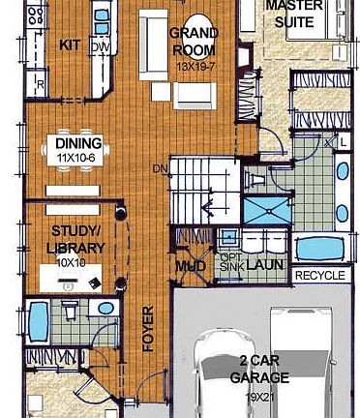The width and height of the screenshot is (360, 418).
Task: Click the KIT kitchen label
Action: (69, 45)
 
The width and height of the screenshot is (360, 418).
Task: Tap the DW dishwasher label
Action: (99, 45)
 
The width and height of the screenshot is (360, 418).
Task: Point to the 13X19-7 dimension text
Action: (195, 66)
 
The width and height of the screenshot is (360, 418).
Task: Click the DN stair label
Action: (159, 171)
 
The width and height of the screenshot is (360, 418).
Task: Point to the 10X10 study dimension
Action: (70, 261)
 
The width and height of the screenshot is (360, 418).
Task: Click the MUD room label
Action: (187, 266)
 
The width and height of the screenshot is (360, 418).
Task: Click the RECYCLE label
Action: (319, 276)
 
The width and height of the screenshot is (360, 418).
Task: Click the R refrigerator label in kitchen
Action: (40, 86)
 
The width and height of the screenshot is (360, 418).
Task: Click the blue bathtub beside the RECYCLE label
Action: (319, 248)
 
